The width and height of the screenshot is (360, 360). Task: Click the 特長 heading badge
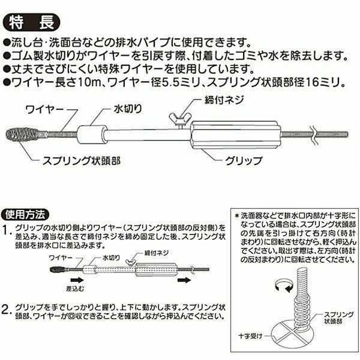31,23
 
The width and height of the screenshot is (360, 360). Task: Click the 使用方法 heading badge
25,215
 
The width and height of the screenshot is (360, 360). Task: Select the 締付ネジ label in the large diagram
224,100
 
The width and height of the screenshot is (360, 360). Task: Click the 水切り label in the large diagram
128,109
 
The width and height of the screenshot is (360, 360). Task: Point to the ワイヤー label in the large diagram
44,109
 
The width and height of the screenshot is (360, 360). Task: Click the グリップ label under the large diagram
244,160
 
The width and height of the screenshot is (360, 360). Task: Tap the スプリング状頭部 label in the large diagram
82,161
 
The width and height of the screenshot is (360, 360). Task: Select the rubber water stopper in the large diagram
92,134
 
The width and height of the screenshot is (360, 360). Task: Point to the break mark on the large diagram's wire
313,134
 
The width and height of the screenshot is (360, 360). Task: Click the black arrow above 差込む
77,280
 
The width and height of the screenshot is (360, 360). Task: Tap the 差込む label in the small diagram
75,289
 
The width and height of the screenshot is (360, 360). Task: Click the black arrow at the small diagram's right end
184,280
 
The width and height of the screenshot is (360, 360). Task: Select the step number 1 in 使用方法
7,230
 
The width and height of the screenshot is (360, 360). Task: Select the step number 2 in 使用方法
7,309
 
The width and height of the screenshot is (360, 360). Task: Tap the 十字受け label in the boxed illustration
250,337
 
